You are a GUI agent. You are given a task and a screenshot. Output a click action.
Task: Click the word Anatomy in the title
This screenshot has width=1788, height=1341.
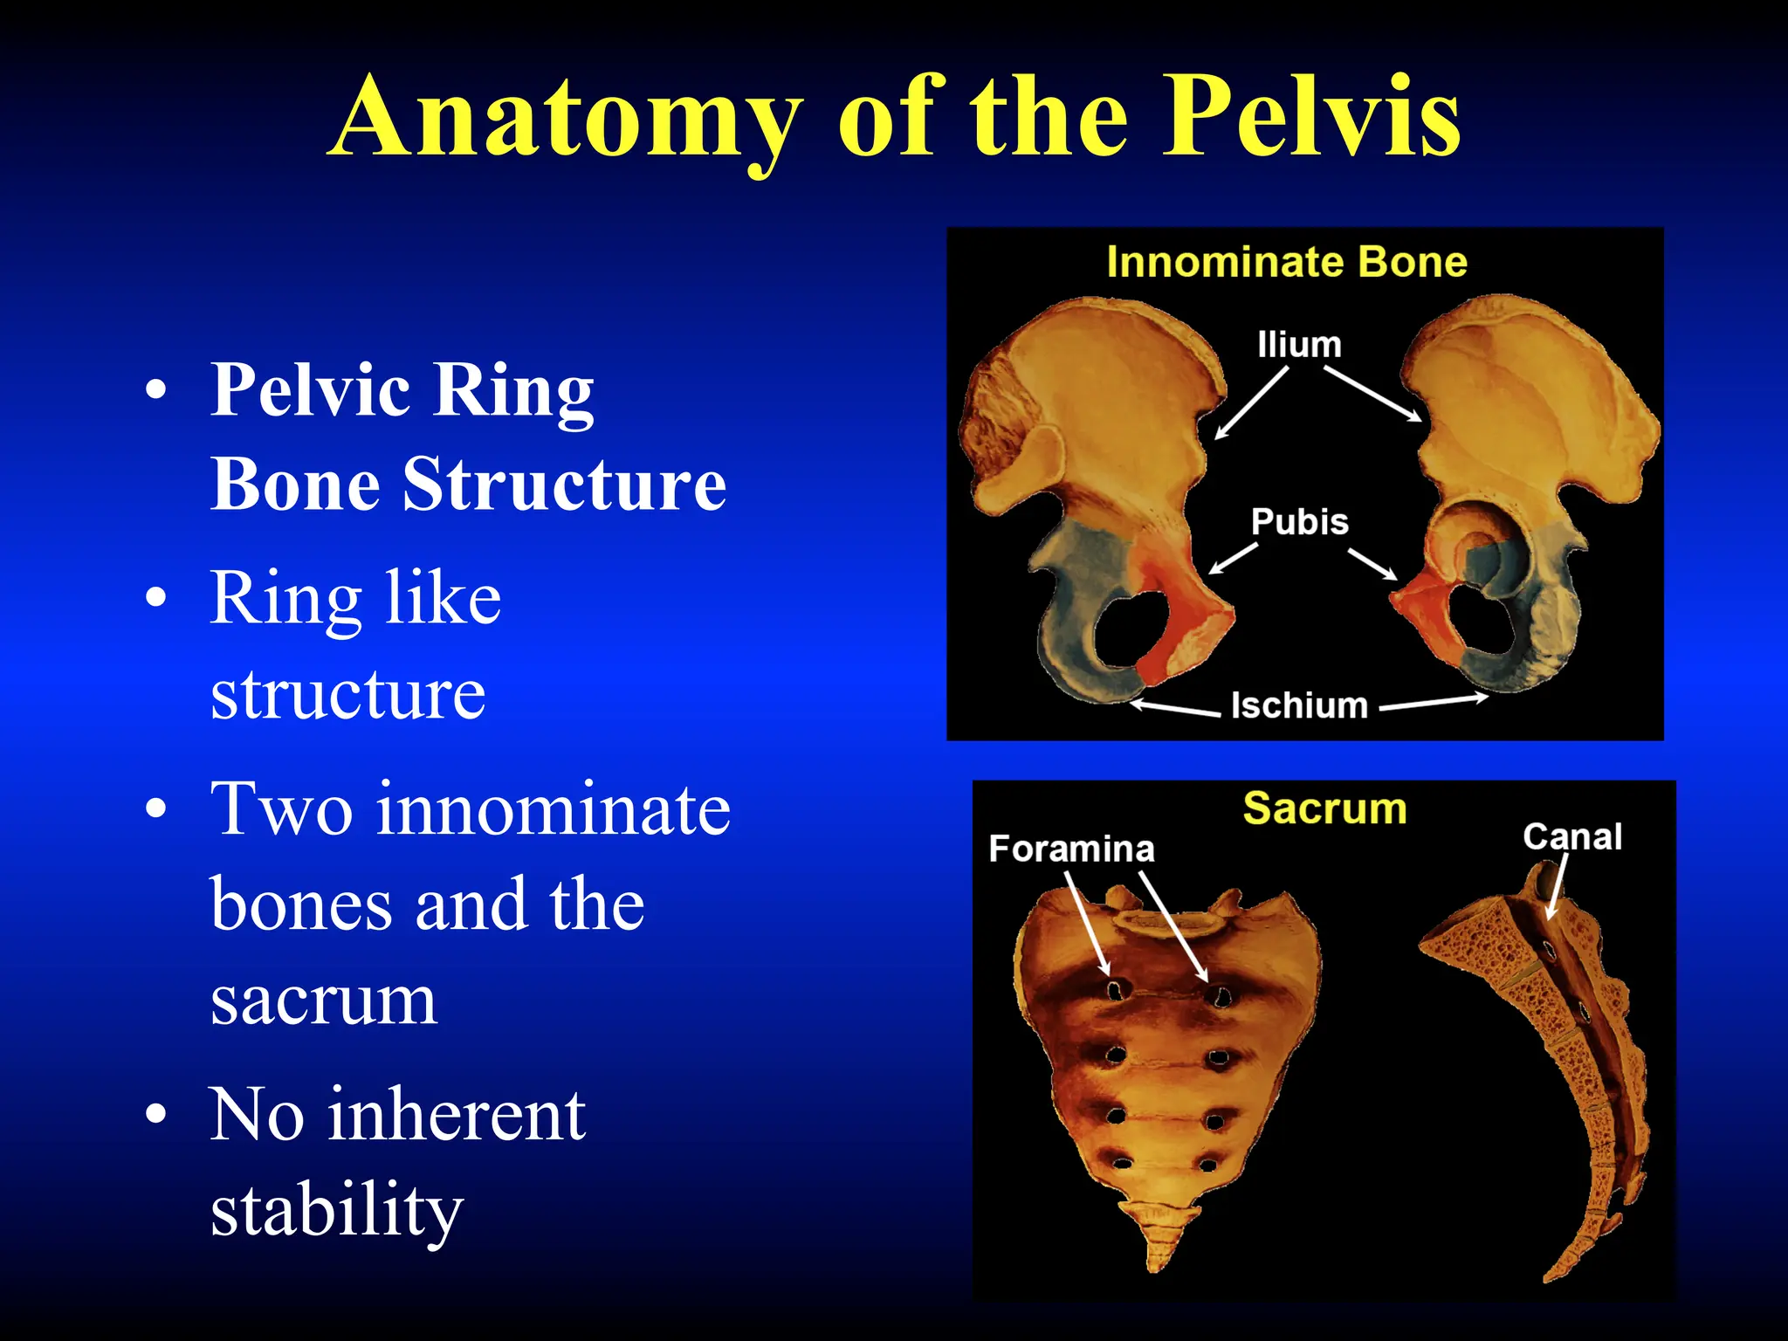[x=566, y=118]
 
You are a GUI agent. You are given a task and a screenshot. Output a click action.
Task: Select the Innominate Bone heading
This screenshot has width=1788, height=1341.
[x=1286, y=262]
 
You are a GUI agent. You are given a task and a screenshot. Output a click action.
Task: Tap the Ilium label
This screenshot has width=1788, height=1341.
[x=1298, y=345]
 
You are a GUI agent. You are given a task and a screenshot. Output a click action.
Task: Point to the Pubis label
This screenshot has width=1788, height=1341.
[x=1299, y=522]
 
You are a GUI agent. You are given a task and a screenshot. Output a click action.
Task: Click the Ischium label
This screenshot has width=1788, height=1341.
[x=1298, y=705]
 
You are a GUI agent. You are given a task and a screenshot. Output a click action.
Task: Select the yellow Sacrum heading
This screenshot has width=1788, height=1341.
[x=1324, y=808]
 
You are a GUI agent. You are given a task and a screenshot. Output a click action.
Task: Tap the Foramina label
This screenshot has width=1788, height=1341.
[x=1071, y=849]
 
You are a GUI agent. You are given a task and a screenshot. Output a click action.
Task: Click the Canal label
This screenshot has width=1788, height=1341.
[x=1571, y=836]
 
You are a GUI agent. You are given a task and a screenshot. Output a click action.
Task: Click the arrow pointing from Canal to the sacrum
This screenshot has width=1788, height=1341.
[x=1556, y=891]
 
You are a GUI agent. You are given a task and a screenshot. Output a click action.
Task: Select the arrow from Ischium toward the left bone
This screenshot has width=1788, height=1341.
[x=1174, y=708]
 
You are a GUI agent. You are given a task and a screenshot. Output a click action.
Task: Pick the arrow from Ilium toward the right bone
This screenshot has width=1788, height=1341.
[x=1372, y=394]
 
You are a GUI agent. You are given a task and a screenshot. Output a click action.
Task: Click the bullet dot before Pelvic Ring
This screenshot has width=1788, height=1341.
[x=155, y=390]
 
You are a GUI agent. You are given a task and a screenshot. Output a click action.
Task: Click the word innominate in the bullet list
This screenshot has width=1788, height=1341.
[x=554, y=809]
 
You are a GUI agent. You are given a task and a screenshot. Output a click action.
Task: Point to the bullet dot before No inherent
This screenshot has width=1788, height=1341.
[x=155, y=1115]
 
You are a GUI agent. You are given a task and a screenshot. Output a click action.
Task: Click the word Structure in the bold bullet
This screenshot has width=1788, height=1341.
[x=563, y=485]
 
